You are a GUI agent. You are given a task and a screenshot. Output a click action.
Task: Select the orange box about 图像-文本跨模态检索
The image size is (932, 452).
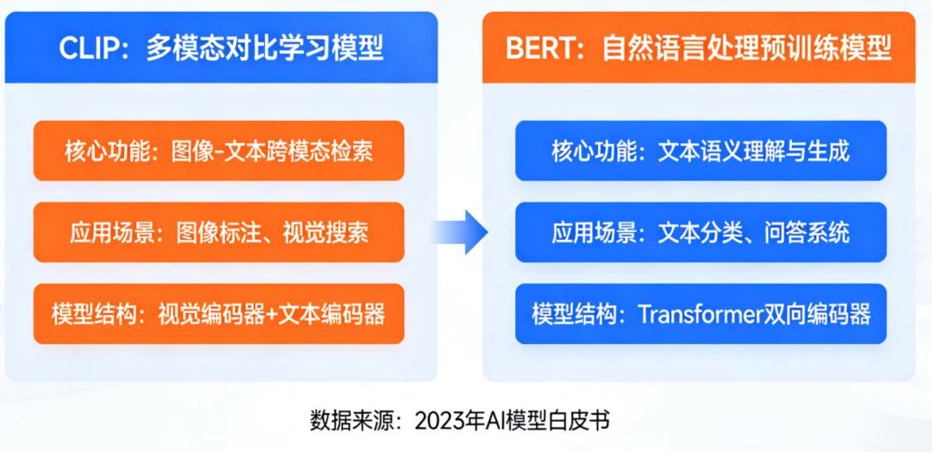pyautogui.click(x=218, y=151)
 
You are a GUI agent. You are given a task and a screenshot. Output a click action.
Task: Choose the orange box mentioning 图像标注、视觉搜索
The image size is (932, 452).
pyautogui.click(x=218, y=232)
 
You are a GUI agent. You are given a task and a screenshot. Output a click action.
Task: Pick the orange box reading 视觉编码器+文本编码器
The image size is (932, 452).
pyautogui.click(x=218, y=313)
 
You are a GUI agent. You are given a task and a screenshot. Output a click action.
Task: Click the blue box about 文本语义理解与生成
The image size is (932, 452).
pyautogui.click(x=701, y=151)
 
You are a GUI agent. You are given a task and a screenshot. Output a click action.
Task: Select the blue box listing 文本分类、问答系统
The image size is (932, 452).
pyautogui.click(x=701, y=232)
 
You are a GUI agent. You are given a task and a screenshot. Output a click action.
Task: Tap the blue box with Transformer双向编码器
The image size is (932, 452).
pyautogui.click(x=701, y=313)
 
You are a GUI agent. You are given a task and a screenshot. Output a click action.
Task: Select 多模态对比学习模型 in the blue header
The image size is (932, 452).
pyautogui.click(x=264, y=48)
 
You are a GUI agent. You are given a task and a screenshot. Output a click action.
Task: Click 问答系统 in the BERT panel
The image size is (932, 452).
pyautogui.click(x=807, y=232)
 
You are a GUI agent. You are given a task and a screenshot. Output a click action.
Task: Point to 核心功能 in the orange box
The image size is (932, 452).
pyautogui.click(x=97, y=151)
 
